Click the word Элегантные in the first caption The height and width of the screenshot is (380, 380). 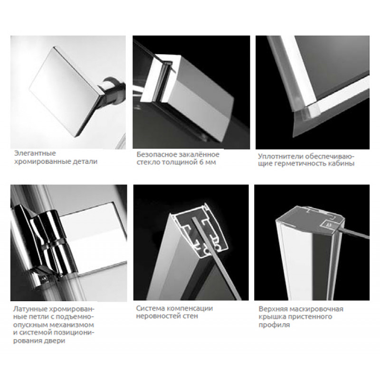[35, 153]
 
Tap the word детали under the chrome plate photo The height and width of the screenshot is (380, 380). [85, 161]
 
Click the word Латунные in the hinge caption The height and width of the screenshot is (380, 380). [29, 309]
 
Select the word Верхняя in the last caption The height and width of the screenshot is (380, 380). [272, 309]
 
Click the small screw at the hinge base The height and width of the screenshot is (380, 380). [44, 279]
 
